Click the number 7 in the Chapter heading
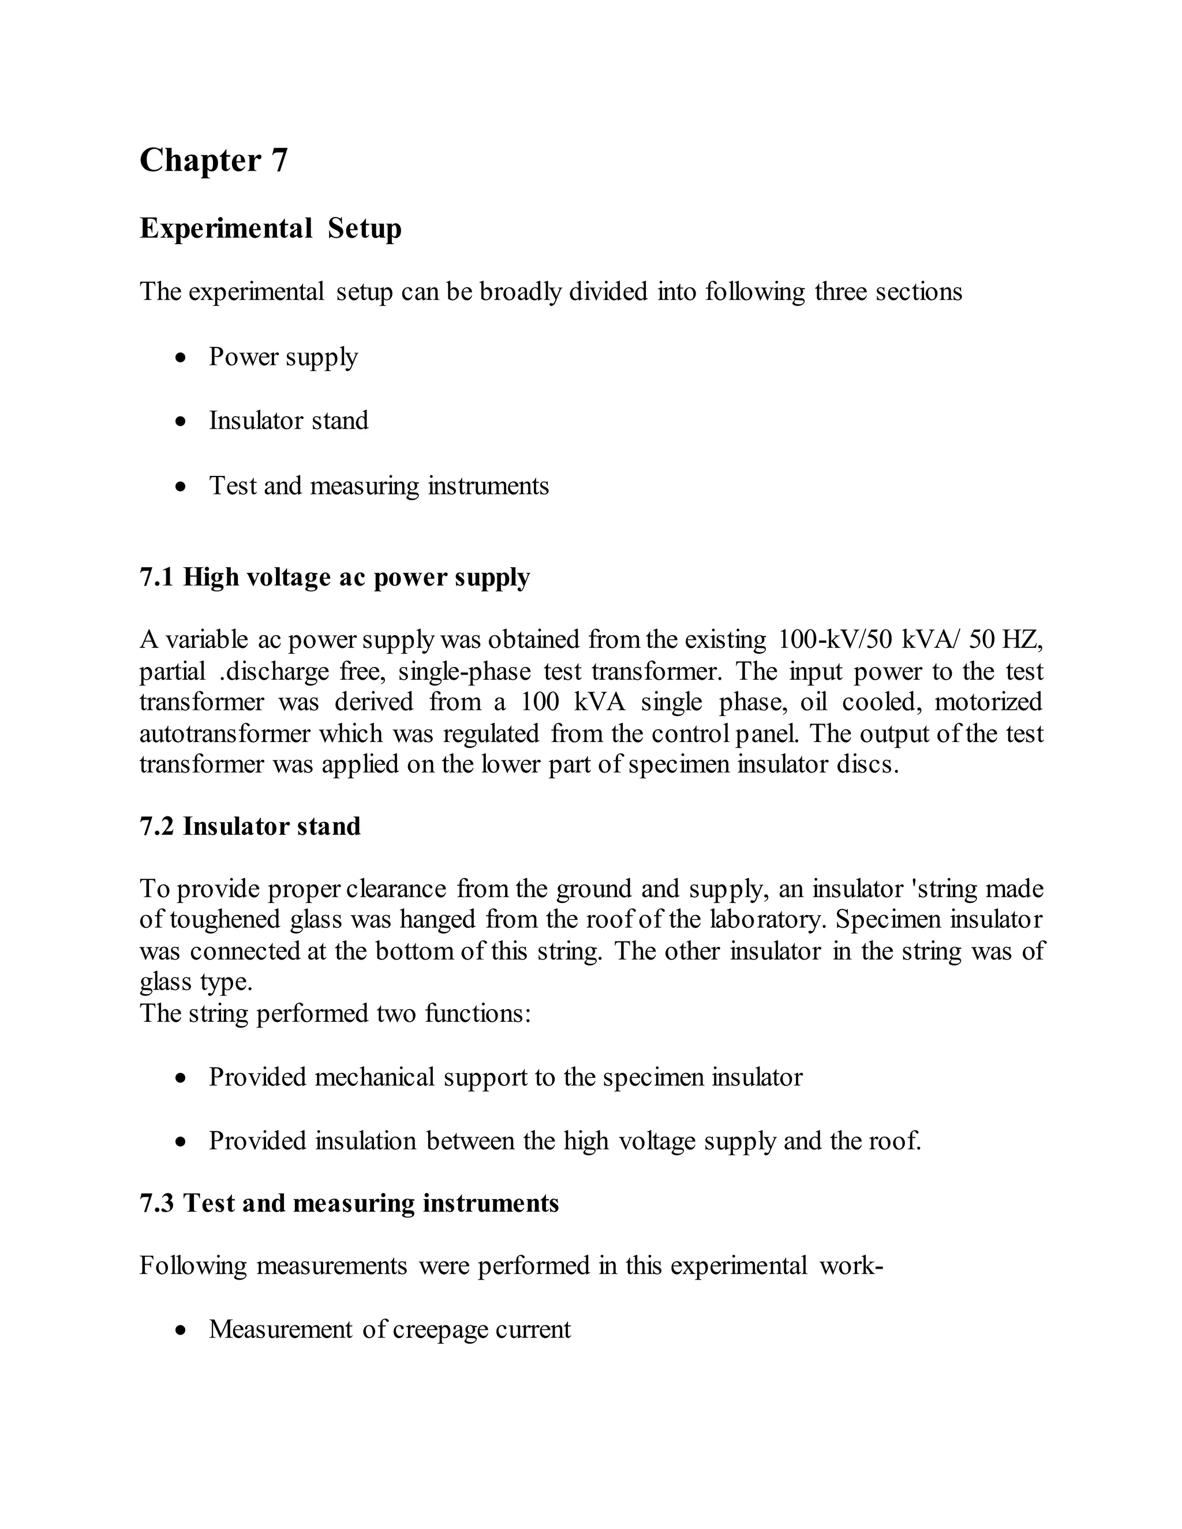point(279,160)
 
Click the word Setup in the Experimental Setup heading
point(364,228)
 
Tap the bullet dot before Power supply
point(181,358)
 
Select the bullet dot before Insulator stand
point(181,421)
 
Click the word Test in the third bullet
point(233,486)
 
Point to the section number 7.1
point(156,577)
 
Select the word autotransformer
point(224,734)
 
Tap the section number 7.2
point(156,826)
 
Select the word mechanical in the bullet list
point(375,1077)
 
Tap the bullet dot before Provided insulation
point(181,1142)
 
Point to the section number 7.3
point(156,1203)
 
